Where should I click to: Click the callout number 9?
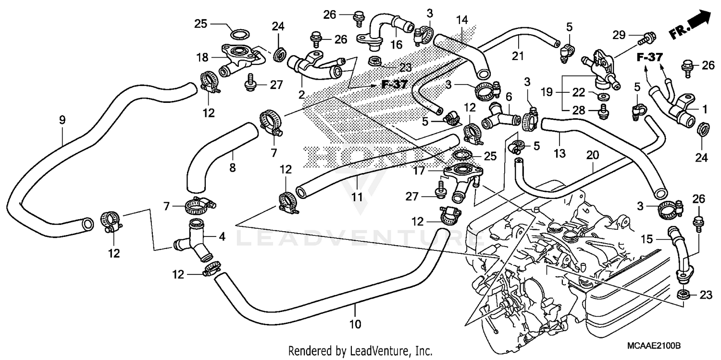tap(62, 120)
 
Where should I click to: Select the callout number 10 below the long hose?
tap(355, 324)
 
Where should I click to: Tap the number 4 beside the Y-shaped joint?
tap(222, 236)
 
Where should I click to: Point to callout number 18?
tap(202, 58)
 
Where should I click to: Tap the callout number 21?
tap(517, 56)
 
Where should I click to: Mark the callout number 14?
tap(462, 20)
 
